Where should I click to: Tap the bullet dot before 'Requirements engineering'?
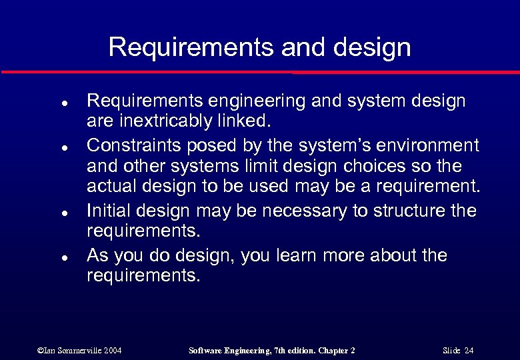tap(43, 105)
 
